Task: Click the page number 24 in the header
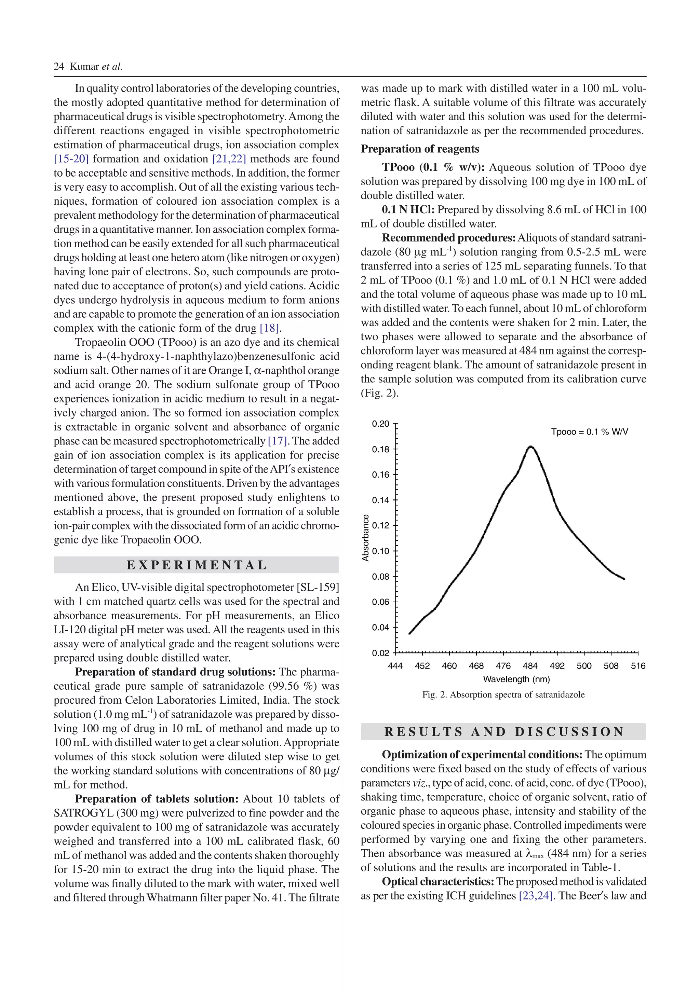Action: pyautogui.click(x=59, y=66)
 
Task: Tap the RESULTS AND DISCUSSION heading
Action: pyautogui.click(x=503, y=732)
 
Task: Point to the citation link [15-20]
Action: pyautogui.click(x=71, y=159)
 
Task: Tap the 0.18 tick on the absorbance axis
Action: pyautogui.click(x=380, y=449)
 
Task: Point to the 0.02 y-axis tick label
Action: pyautogui.click(x=380, y=653)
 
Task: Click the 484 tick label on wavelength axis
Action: pyautogui.click(x=530, y=666)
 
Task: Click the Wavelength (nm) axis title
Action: pyautogui.click(x=516, y=679)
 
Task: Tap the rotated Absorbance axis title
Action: pyautogui.click(x=366, y=538)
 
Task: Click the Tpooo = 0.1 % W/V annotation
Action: pyautogui.click(x=589, y=431)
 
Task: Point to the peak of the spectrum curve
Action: pyautogui.click(x=530, y=447)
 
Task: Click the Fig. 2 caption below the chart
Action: pyautogui.click(x=503, y=695)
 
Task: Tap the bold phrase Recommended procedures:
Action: pyautogui.click(x=448, y=238)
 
